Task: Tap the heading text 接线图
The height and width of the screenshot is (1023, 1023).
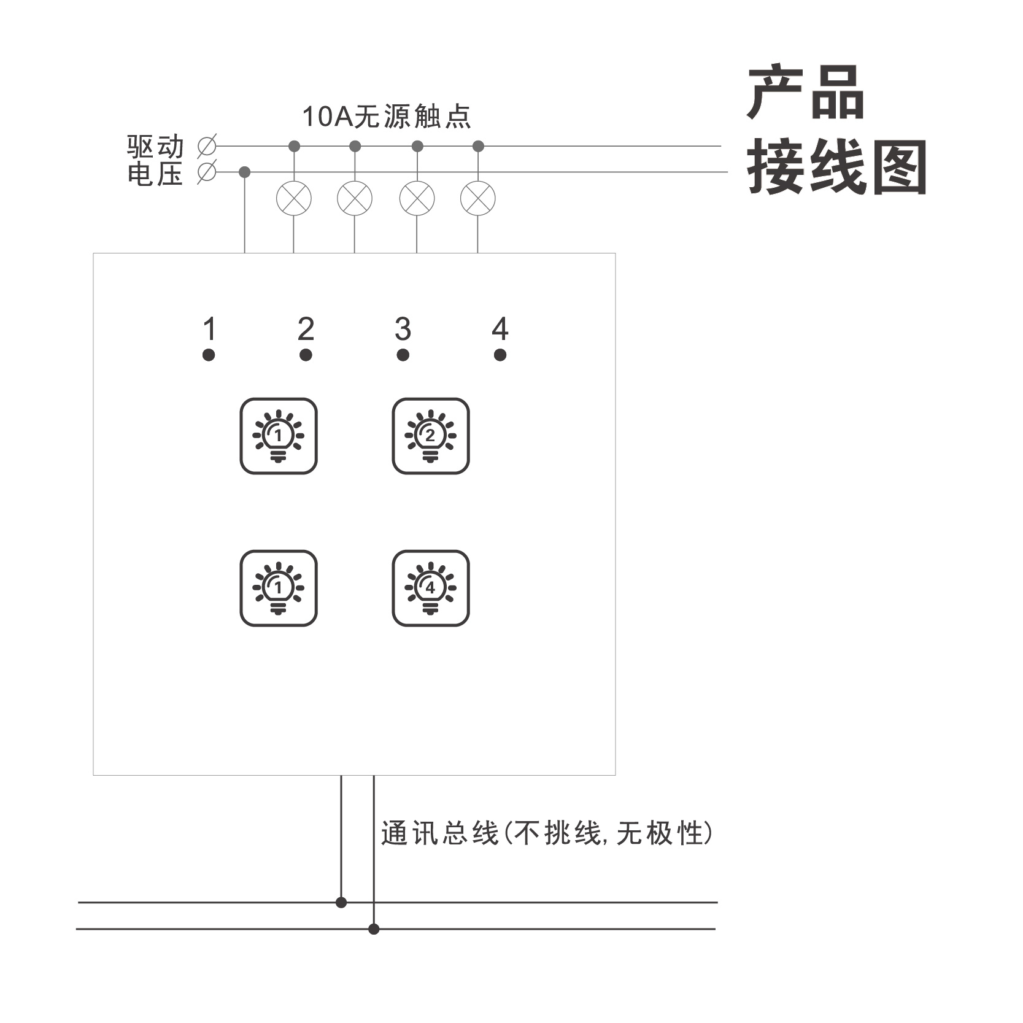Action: [x=836, y=167]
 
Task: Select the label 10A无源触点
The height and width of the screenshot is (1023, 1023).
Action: [x=387, y=117]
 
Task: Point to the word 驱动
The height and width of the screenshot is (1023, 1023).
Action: [x=155, y=147]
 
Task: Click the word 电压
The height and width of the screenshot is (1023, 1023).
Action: [x=155, y=174]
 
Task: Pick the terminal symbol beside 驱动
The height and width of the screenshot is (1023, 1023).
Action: [x=207, y=146]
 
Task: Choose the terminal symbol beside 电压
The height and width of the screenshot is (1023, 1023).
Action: [x=207, y=172]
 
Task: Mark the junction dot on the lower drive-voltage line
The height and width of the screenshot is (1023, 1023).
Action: [x=245, y=172]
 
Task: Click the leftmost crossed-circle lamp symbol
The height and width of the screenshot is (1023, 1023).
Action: [x=294, y=198]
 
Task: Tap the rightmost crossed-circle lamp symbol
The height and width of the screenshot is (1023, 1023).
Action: [x=478, y=198]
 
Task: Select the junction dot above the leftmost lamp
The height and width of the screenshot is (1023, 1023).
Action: [x=294, y=146]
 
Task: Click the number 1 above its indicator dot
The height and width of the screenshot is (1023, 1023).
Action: [x=209, y=330]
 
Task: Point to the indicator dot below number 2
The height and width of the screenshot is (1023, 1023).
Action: [x=306, y=355]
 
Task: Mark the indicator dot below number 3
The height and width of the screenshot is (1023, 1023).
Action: [x=403, y=355]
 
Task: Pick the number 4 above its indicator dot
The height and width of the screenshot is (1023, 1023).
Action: [x=500, y=330]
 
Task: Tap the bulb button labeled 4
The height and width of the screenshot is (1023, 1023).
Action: [x=431, y=588]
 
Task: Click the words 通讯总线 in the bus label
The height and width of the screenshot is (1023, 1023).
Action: [x=439, y=833]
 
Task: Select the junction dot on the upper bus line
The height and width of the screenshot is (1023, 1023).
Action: [x=341, y=902]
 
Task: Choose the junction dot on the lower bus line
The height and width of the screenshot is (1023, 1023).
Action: [x=374, y=929]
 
